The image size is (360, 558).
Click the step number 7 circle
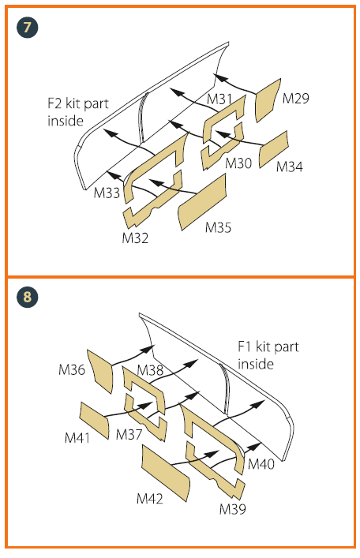pos(27,28)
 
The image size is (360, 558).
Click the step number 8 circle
pos(27,297)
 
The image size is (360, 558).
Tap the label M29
pos(295,98)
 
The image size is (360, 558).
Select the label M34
pos(290,167)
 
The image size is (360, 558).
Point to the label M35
pos(218,227)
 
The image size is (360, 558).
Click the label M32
pos(135,238)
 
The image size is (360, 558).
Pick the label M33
pos(107,193)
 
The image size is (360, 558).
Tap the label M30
pos(238,163)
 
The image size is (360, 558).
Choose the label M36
pos(72,369)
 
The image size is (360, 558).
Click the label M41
pos(77,438)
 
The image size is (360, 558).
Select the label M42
pos(149,499)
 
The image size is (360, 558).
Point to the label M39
pos(233,509)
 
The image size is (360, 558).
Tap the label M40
pos(261,464)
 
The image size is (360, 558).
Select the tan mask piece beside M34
pos(273,149)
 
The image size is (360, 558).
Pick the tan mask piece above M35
pos(202,202)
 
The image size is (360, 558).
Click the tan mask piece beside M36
pos(100,371)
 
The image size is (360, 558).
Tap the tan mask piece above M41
pos(94,421)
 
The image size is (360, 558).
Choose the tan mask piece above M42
pos(166,473)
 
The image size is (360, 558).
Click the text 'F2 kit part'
pos(78,103)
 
